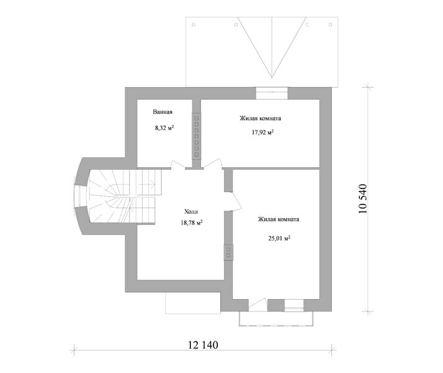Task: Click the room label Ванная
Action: (x=163, y=112)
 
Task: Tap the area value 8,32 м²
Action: (x=164, y=127)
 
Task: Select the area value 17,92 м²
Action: (x=262, y=132)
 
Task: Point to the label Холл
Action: (x=191, y=211)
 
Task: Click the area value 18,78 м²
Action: (x=192, y=223)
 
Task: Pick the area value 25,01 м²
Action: (x=279, y=238)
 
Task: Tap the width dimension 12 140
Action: (x=203, y=345)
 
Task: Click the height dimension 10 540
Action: (x=362, y=199)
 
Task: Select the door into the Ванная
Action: (x=178, y=165)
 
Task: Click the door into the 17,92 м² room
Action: (x=212, y=164)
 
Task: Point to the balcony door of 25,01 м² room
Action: (x=257, y=305)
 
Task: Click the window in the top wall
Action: (x=272, y=93)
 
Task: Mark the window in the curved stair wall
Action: (x=80, y=196)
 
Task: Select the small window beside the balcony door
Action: (x=294, y=305)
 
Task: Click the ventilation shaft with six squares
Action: (x=197, y=136)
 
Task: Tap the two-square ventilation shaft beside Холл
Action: (x=228, y=252)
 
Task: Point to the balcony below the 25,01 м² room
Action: (x=276, y=319)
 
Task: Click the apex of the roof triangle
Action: (x=272, y=78)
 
